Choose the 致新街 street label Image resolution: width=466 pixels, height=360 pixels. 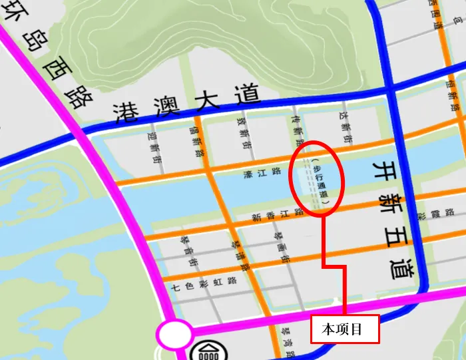coord(244,130)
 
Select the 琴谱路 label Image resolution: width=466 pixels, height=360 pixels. coord(240,256)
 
